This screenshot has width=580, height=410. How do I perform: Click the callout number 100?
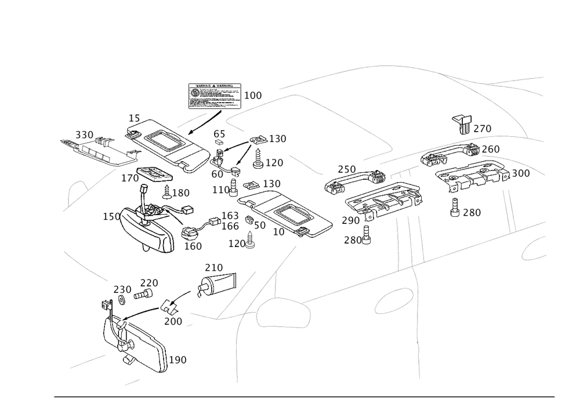(x=253, y=95)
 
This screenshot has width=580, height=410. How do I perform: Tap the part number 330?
(x=85, y=135)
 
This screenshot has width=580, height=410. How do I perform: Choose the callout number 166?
(x=231, y=225)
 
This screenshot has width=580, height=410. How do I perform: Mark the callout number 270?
(x=483, y=129)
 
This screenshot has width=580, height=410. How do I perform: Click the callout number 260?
(x=490, y=150)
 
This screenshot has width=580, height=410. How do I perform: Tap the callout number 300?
(x=521, y=173)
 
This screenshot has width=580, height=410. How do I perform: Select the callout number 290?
(x=351, y=221)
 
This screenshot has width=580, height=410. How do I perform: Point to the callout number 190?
(x=178, y=360)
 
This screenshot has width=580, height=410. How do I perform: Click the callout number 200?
(x=173, y=321)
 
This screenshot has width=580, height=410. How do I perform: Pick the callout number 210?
(x=213, y=267)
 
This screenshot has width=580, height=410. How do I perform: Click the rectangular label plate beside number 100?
(x=213, y=97)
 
